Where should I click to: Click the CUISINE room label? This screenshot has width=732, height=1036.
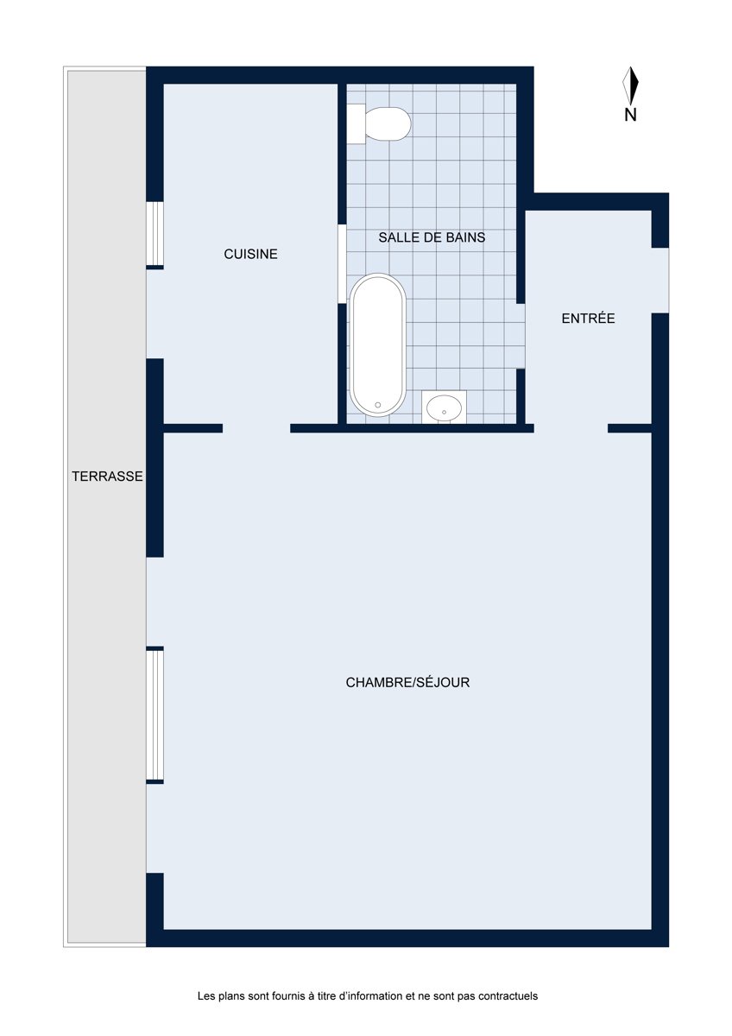pos(250,254)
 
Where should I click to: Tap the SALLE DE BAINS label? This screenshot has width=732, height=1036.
pos(432,237)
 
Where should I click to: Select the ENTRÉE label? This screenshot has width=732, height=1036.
pos(588,318)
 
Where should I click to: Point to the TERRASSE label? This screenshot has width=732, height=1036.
pos(107,476)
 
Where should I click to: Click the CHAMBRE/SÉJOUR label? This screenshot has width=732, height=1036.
pos(407,682)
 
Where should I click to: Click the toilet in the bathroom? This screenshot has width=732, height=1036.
pos(379,124)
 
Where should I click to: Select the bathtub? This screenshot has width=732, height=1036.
pos(377,344)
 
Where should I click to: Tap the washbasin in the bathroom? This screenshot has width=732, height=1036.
pos(444,407)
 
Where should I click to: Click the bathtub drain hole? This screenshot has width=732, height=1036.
pos(378,405)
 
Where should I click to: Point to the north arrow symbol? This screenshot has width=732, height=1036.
pos(630,85)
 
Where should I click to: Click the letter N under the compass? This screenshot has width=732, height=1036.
pos(630,115)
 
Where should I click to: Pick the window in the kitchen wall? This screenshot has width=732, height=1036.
pos(155,234)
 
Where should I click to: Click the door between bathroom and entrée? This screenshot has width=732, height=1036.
pos(521,336)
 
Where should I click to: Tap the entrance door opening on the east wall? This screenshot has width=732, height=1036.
pos(660,281)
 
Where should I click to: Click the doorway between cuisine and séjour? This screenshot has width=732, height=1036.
pos(256,428)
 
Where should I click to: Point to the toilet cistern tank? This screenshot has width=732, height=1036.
pos(356,124)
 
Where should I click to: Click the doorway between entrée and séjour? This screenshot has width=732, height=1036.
pos(571,428)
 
